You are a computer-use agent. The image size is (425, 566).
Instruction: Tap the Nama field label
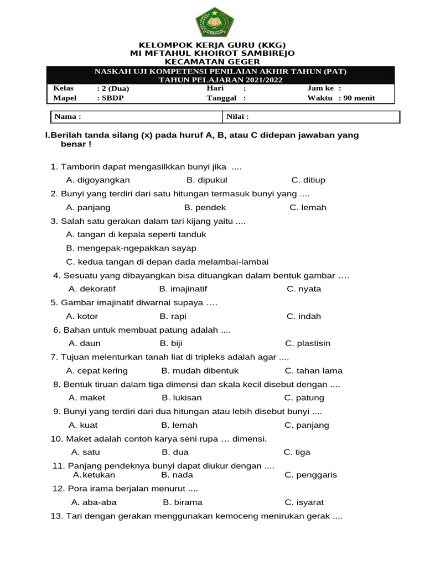(68, 117)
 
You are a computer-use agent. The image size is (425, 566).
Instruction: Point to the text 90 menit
(360, 98)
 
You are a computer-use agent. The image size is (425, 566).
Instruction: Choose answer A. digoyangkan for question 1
(98, 180)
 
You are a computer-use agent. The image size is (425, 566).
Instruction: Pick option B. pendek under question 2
(205, 207)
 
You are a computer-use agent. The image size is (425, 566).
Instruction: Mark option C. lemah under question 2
(308, 207)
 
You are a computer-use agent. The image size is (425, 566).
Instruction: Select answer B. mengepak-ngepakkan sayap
(131, 248)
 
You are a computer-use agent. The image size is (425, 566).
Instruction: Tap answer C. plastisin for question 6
(308, 343)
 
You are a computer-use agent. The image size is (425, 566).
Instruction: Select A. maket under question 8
(87, 397)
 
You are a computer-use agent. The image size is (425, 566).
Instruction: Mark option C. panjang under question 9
(307, 425)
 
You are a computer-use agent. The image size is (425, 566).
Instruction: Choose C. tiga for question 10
(297, 452)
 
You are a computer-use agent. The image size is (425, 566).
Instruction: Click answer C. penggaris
(310, 475)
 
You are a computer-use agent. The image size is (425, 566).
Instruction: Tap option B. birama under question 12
(183, 502)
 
